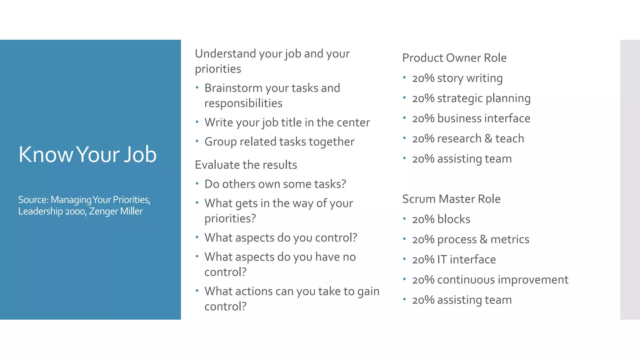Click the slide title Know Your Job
click(x=87, y=154)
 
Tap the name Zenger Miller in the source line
click(x=116, y=212)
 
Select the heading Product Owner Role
click(x=454, y=58)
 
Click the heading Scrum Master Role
click(x=451, y=199)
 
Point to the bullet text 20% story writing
click(x=457, y=78)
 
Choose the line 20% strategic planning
click(x=471, y=98)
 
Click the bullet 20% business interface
click(x=471, y=118)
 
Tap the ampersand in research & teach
click(x=488, y=138)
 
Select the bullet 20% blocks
click(x=441, y=219)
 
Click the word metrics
click(x=510, y=239)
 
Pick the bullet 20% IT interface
click(x=454, y=260)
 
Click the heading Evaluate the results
click(x=246, y=165)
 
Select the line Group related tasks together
click(x=279, y=142)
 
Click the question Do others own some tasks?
click(x=275, y=184)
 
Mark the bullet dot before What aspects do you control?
click(x=197, y=237)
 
